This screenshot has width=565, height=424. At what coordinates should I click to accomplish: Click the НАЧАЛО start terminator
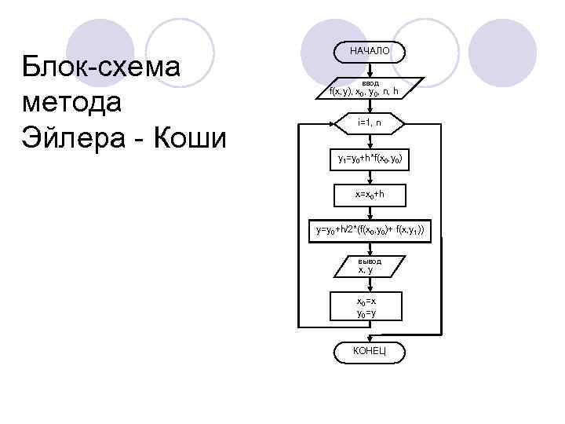(x=369, y=51)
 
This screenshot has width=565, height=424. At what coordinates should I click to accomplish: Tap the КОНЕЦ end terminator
(x=369, y=349)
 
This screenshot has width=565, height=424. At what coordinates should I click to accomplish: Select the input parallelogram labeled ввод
(x=369, y=88)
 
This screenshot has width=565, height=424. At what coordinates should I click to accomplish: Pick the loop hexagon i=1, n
(x=369, y=123)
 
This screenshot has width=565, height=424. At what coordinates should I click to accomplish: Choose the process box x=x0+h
(x=369, y=193)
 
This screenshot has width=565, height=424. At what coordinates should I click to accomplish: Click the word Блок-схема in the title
(x=102, y=67)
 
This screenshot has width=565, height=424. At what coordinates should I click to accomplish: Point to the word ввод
(x=370, y=82)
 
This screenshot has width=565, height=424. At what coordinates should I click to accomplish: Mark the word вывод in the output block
(x=369, y=261)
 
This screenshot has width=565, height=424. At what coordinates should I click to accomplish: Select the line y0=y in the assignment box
(x=366, y=313)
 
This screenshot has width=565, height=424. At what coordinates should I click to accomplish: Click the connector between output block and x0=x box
(x=369, y=283)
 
